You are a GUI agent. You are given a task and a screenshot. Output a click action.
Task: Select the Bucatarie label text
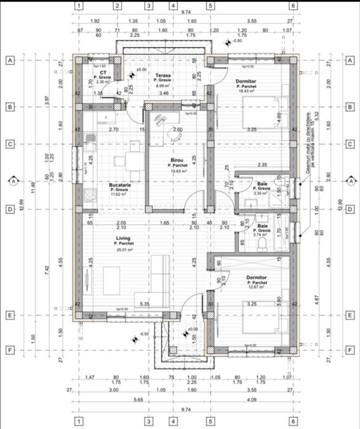click(120, 184)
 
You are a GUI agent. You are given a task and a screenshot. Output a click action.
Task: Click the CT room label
click(102, 72)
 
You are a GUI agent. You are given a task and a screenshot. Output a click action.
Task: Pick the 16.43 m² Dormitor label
click(247, 81)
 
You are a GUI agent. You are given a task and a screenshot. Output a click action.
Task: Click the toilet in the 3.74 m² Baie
click(263, 244)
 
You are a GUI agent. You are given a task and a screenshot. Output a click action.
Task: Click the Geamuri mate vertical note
click(316, 145)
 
